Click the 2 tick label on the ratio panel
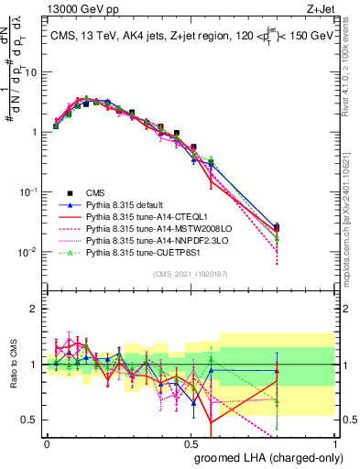click(35, 307)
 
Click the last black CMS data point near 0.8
click(277, 228)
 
